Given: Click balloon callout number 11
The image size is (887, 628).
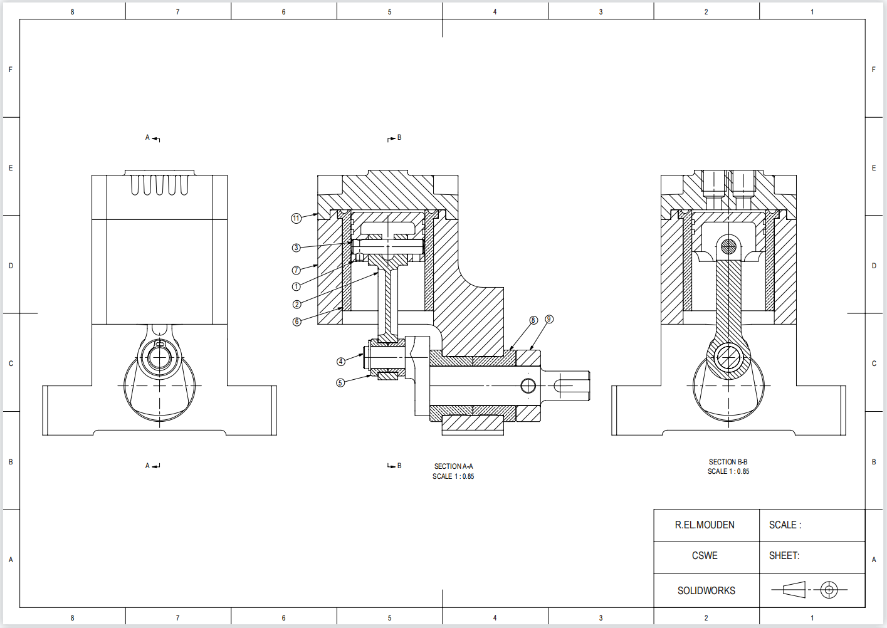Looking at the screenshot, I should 297,218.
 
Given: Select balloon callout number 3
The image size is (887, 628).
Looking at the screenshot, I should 297,248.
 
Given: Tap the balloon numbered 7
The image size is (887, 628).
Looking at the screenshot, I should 297,270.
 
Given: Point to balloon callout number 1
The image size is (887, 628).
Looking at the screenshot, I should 297,286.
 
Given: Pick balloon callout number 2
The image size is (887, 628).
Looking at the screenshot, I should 297,305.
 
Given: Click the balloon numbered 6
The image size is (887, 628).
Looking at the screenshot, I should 297,322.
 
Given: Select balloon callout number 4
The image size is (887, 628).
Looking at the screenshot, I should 341,362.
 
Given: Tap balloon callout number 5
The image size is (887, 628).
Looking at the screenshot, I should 340,382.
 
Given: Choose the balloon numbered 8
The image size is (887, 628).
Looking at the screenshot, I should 533,320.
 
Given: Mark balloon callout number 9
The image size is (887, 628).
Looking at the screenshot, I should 549,319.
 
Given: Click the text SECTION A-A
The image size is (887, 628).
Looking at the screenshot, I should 453,466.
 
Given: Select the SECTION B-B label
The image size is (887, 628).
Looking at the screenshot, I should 728,462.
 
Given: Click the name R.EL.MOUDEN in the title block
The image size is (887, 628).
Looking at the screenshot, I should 705,525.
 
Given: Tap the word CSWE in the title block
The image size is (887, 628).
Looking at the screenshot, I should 705,556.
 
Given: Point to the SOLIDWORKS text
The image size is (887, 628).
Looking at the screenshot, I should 706,590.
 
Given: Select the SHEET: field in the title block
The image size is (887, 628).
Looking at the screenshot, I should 784,556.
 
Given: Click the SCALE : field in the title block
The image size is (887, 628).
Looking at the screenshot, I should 785,525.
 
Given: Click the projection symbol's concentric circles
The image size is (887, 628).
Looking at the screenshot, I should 829,590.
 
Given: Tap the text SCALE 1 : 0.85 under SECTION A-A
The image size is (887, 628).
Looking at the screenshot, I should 453,476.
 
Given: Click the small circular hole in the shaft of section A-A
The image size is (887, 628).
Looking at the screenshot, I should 528,385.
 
